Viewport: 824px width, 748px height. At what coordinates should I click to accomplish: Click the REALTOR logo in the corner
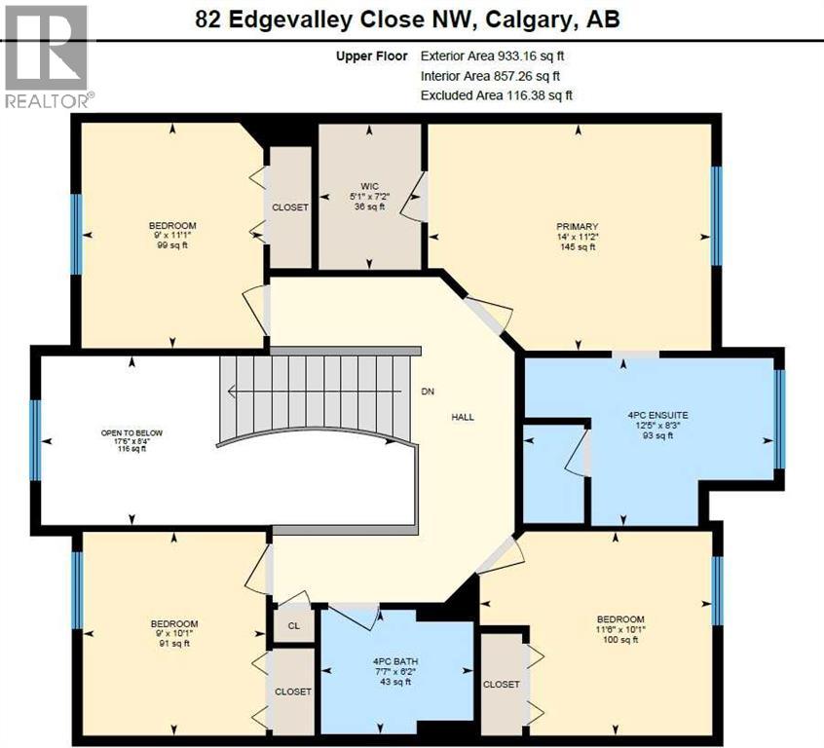tap(48, 56)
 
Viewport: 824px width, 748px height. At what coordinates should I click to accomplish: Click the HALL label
tap(462, 417)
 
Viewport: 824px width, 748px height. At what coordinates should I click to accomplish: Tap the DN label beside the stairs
tap(427, 392)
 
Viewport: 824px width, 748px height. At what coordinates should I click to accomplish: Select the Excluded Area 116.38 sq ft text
tap(496, 95)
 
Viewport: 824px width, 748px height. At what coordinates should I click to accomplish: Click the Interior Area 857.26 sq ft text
tap(490, 76)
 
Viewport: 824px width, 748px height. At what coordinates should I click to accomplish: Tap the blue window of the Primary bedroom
tap(717, 215)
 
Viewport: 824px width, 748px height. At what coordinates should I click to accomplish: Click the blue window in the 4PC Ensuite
tap(779, 420)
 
